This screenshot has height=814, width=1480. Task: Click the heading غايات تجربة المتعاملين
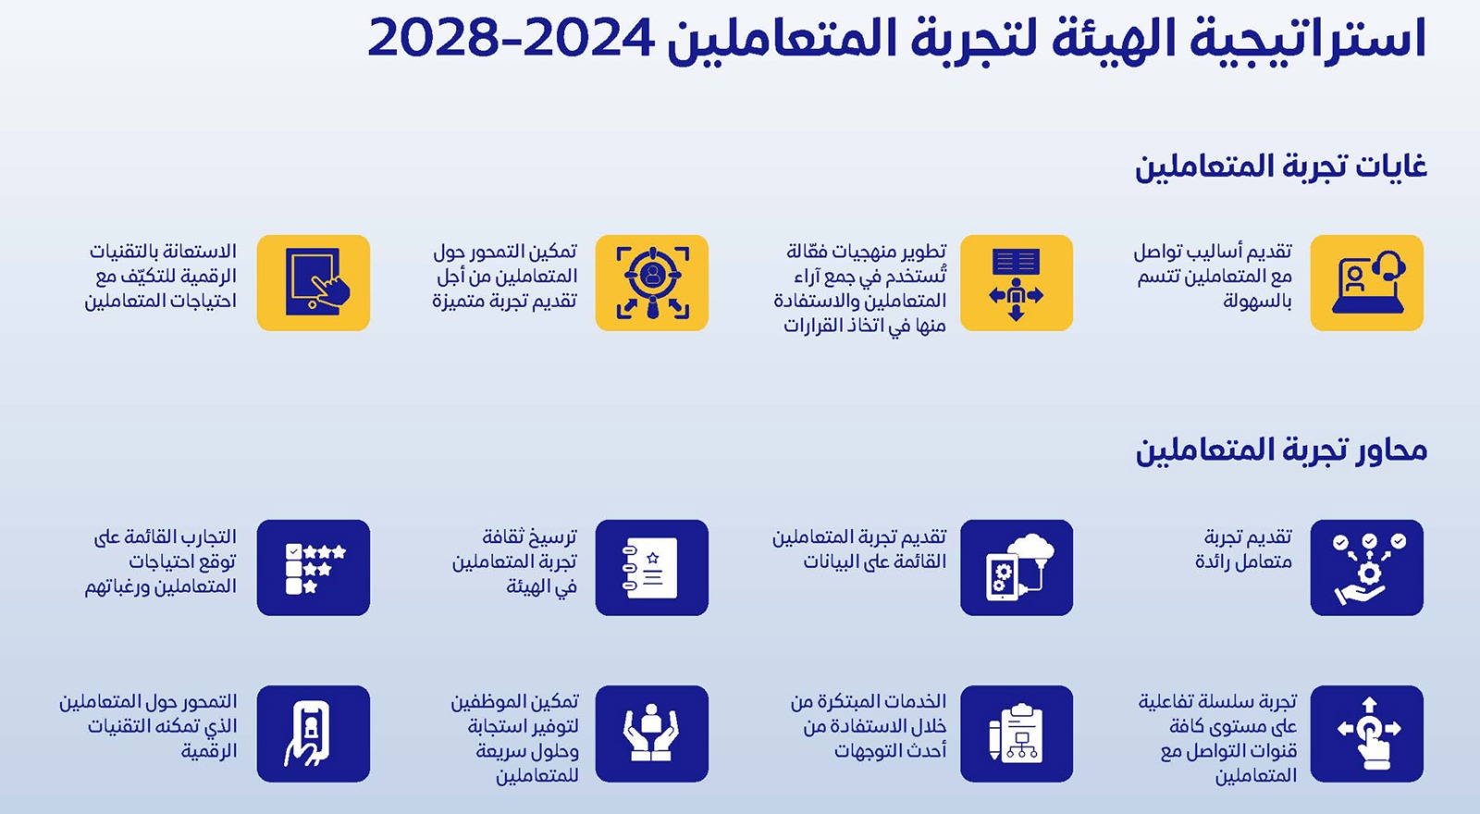[x=1281, y=166]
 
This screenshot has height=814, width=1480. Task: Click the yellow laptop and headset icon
[x=1366, y=283]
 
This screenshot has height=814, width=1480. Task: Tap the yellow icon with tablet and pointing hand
[x=314, y=283]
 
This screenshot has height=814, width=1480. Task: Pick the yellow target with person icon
[x=651, y=283]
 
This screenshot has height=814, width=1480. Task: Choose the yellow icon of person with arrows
[x=1017, y=283]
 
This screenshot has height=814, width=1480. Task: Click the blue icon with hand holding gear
[x=1366, y=568]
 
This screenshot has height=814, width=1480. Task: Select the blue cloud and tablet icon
[x=1017, y=568]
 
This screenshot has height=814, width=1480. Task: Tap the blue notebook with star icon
[x=651, y=568]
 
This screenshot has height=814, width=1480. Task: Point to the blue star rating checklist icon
[x=314, y=568]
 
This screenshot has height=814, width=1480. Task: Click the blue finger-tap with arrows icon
[x=1366, y=734]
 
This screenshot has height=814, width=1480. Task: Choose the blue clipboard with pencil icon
[x=1017, y=734]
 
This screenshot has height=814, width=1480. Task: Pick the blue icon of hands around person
[x=651, y=734]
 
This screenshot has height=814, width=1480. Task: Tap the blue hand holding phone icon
[x=314, y=734]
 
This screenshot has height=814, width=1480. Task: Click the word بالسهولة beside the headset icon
[x=1257, y=302]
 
